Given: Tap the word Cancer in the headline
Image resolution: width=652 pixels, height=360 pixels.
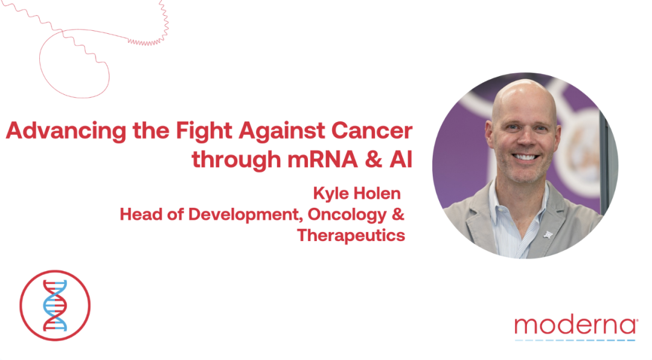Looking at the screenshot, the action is [x=372, y=130].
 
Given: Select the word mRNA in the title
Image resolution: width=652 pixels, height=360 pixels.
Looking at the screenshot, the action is [x=322, y=159].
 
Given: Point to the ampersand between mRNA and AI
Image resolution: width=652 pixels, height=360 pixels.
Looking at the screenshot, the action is [x=374, y=159].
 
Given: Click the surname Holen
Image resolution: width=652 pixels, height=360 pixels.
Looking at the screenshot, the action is [x=377, y=193].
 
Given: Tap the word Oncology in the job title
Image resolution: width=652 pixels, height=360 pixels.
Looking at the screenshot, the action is [x=347, y=215].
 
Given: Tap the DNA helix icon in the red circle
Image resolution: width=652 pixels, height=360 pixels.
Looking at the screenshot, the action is [x=55, y=306].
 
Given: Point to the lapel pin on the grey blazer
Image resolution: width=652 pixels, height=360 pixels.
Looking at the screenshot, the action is [x=548, y=235].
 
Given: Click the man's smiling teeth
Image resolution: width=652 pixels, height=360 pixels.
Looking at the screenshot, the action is [x=525, y=157].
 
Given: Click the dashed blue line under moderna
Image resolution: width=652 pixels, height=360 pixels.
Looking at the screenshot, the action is [x=575, y=341].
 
